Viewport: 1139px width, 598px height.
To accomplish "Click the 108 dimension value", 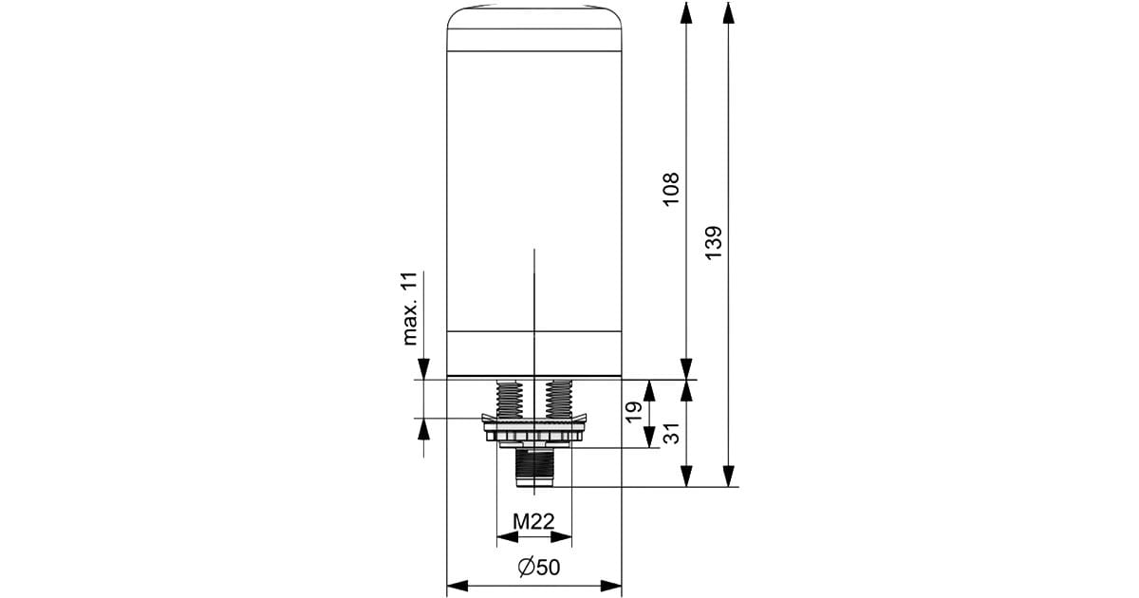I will pos(671,189).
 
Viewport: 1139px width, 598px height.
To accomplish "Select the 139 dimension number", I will pos(715,243).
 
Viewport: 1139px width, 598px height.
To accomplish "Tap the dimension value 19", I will pos(633,413).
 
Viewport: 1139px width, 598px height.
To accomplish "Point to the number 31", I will pos(671,434).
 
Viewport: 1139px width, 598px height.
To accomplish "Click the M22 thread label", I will pos(533,521).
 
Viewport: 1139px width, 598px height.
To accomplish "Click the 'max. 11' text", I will pos(409,308).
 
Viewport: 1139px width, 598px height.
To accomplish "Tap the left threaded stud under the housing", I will pos(509,401).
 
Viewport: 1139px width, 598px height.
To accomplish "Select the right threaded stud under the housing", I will pos(559,401).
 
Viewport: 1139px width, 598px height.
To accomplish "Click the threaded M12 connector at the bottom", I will pos(534,467).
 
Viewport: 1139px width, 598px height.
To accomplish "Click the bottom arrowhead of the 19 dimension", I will pos(648,439).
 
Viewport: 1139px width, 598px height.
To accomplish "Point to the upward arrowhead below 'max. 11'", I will pos(423,429).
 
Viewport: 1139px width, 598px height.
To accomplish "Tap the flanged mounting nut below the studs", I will pos(534,431).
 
